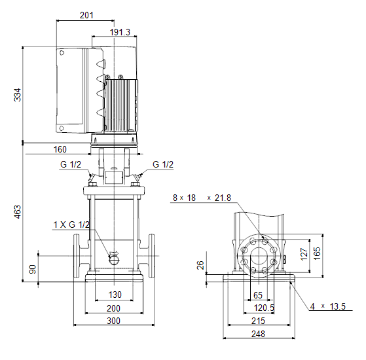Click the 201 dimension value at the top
pos(86,16)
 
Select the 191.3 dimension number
pos(120,32)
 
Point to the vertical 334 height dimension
pos(18,95)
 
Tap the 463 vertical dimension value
pos(18,212)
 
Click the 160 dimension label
pos(60,149)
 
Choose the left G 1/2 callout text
pos(71,164)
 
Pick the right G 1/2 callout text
pos(163,164)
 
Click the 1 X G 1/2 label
pos(71,225)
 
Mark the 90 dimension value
pos(33,269)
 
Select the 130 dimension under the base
pos(115,295)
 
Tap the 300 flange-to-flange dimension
pos(113,321)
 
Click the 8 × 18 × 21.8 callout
pos(202,198)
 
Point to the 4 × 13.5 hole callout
pos(328,306)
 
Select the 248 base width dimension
pos(258,334)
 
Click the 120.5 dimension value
pos(264,308)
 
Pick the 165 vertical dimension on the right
pos(317,253)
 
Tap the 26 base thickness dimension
pos(200,265)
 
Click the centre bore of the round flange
pos(259,256)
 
